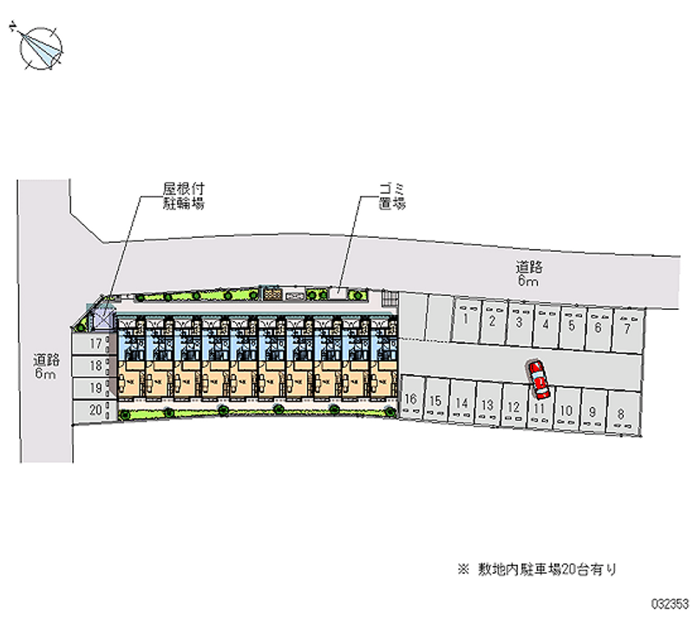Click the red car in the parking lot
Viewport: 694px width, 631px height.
(x=539, y=375)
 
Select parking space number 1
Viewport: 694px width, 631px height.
(x=466, y=319)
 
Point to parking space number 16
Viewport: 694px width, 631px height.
(x=411, y=400)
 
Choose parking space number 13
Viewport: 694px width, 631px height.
(x=488, y=404)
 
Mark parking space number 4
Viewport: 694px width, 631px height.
(x=545, y=325)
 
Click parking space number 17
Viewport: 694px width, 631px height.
(x=97, y=344)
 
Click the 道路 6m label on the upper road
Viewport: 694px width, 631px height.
(x=528, y=273)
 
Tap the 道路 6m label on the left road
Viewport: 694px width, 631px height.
(x=46, y=366)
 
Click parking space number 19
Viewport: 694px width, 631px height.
(x=96, y=387)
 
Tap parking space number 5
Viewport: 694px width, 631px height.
(x=572, y=326)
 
